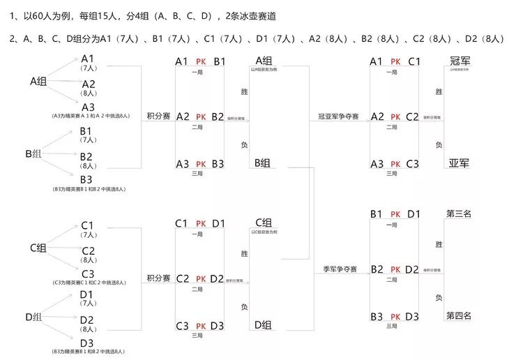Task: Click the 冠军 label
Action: pyautogui.click(x=459, y=62)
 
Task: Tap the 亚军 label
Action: pyautogui.click(x=459, y=164)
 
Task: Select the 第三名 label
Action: pyautogui.click(x=459, y=214)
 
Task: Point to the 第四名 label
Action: pyautogui.click(x=459, y=316)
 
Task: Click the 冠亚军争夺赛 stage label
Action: pyautogui.click(x=338, y=117)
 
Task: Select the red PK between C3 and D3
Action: pyautogui.click(x=201, y=326)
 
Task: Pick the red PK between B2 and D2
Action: pyautogui.click(x=395, y=269)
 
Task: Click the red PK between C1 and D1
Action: pyautogui.click(x=201, y=224)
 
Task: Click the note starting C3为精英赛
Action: pyautogui.click(x=89, y=283)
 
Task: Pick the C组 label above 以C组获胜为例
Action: pyautogui.click(x=263, y=223)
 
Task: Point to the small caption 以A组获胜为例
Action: pyautogui.click(x=263, y=70)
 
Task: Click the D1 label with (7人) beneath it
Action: pyautogui.click(x=88, y=295)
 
